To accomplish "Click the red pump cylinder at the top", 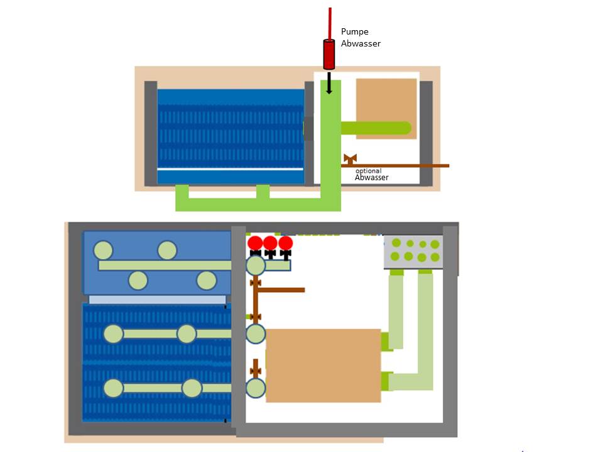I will point(329,54).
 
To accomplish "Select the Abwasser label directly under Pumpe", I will point(361,43).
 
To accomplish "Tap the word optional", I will point(368,171).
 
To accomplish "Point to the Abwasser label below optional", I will point(371,178).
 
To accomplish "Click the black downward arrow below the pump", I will point(329,83).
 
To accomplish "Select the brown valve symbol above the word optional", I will point(350,158).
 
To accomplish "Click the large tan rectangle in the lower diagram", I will point(323,365).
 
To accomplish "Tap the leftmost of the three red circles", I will point(255,243).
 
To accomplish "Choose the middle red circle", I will point(270,243).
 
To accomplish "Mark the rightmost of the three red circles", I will point(286,243).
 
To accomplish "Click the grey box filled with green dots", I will point(413,251).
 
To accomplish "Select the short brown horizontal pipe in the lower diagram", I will point(281,290).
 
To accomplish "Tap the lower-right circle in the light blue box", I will point(206,281).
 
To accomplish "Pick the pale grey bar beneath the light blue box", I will point(157,299).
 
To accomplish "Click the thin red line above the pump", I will point(329,22).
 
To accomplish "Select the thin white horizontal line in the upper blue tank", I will point(230,169).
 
